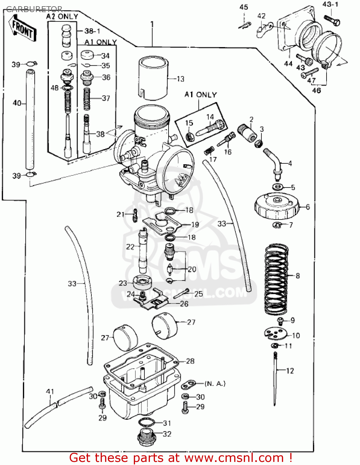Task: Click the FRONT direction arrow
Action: pyautogui.click(x=24, y=29)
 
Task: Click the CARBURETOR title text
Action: pyautogui.click(x=34, y=9)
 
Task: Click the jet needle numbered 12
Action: pyautogui.click(x=275, y=378)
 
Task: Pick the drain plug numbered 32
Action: pyautogui.click(x=146, y=437)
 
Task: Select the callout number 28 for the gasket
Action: pyautogui.click(x=190, y=361)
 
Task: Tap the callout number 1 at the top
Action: pyautogui.click(x=152, y=24)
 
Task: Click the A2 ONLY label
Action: pyautogui.click(x=62, y=16)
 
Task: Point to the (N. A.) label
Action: pyautogui.click(x=215, y=383)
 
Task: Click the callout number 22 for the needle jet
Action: pyautogui.click(x=130, y=247)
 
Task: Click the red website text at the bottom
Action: pyautogui.click(x=181, y=458)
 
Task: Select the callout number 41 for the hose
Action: pyautogui.click(x=50, y=392)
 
